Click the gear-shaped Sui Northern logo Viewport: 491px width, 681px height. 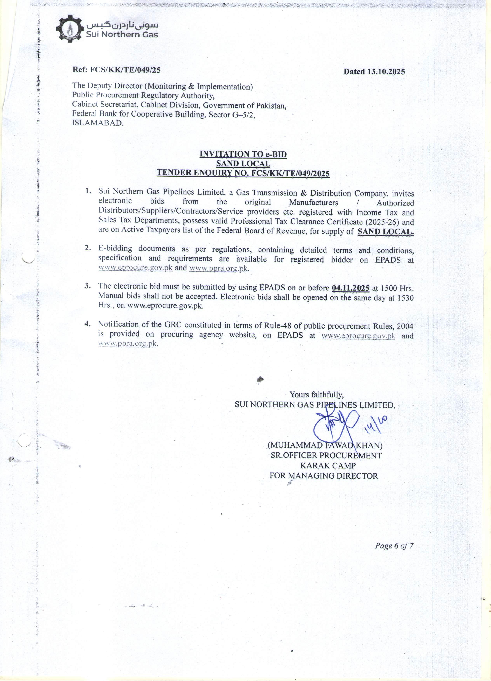point(70,29)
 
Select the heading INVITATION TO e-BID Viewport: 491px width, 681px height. point(243,154)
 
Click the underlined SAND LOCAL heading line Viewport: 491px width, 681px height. point(243,164)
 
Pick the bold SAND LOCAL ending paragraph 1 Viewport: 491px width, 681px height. point(385,231)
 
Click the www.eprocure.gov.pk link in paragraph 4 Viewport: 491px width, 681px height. point(358,336)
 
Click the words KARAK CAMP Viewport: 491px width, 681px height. point(328,465)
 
